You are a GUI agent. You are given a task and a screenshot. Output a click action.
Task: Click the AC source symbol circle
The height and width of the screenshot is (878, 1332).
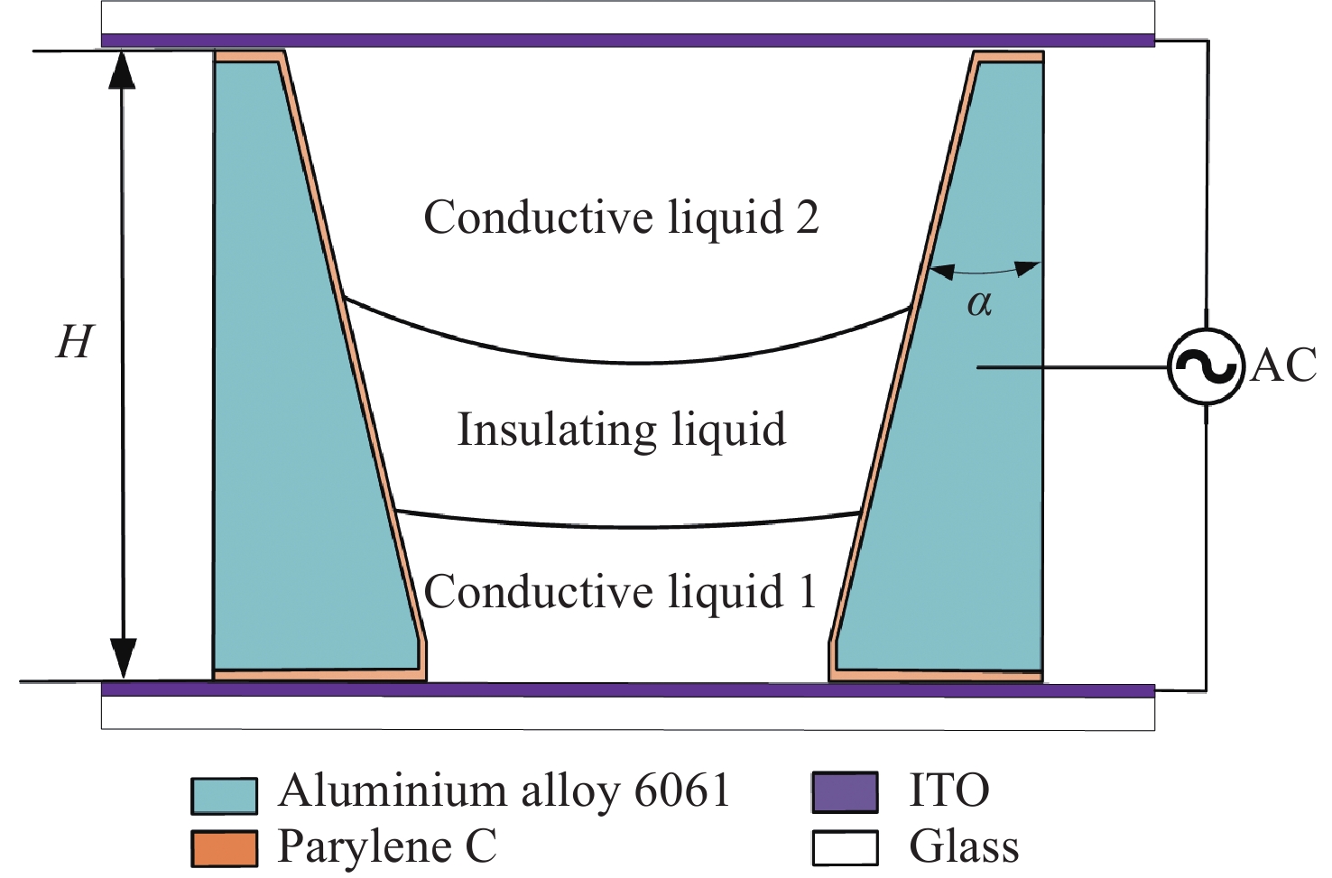[x=1206, y=366]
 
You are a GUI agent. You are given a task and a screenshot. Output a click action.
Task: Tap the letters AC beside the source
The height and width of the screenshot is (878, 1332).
[x=1283, y=366]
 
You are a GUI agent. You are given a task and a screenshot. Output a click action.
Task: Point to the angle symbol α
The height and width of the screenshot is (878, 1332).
[x=979, y=303]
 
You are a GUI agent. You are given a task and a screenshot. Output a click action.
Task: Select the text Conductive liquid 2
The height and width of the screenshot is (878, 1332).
[x=621, y=217]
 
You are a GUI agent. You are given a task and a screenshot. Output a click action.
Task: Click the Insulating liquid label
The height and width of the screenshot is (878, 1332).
[x=621, y=430]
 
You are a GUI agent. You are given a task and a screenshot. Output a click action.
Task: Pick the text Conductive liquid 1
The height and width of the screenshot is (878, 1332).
[x=621, y=592]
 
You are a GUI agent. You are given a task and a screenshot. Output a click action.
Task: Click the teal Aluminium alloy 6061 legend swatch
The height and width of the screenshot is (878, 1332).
[x=224, y=795]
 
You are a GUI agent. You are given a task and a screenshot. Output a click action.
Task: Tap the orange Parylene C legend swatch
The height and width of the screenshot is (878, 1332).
[x=224, y=848]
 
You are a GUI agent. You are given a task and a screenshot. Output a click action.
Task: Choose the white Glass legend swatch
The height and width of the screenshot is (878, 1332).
[x=845, y=848]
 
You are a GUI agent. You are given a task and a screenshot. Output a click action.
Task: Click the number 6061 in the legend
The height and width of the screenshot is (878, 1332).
[x=681, y=790]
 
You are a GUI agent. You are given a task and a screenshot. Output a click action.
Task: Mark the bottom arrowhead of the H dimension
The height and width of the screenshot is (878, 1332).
[x=123, y=658]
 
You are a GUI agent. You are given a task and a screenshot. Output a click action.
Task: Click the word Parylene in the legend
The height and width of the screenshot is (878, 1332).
[x=365, y=847]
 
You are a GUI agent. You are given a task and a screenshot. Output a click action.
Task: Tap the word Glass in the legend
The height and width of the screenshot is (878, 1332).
[x=964, y=847]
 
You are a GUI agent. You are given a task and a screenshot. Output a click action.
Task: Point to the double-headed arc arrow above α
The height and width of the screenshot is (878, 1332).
[x=985, y=270]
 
